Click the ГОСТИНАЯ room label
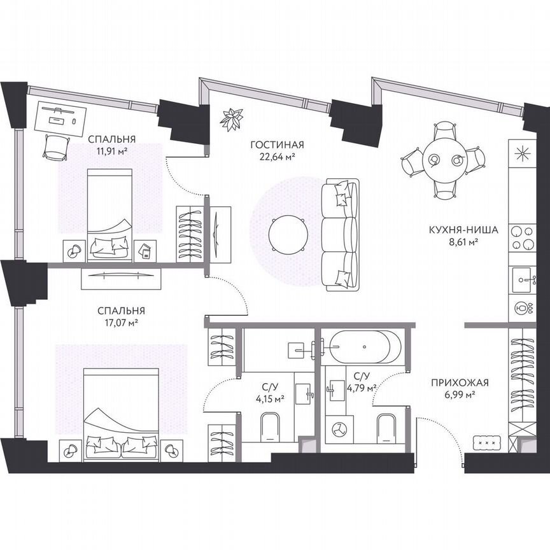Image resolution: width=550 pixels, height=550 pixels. [276, 145]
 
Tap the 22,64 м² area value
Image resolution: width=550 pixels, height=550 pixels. [276, 155]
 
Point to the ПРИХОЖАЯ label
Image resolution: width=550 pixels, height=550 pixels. [460, 383]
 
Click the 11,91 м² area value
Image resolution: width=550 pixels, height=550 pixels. [112, 151]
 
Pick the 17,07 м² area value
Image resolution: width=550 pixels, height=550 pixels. [121, 322]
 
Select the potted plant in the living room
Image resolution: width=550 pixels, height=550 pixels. [232, 118]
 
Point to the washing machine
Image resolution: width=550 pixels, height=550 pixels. [341, 428]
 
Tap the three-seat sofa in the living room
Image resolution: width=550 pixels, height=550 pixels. [340, 235]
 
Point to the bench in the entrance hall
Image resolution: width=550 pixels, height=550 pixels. [491, 442]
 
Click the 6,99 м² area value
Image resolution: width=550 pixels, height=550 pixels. [460, 395]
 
